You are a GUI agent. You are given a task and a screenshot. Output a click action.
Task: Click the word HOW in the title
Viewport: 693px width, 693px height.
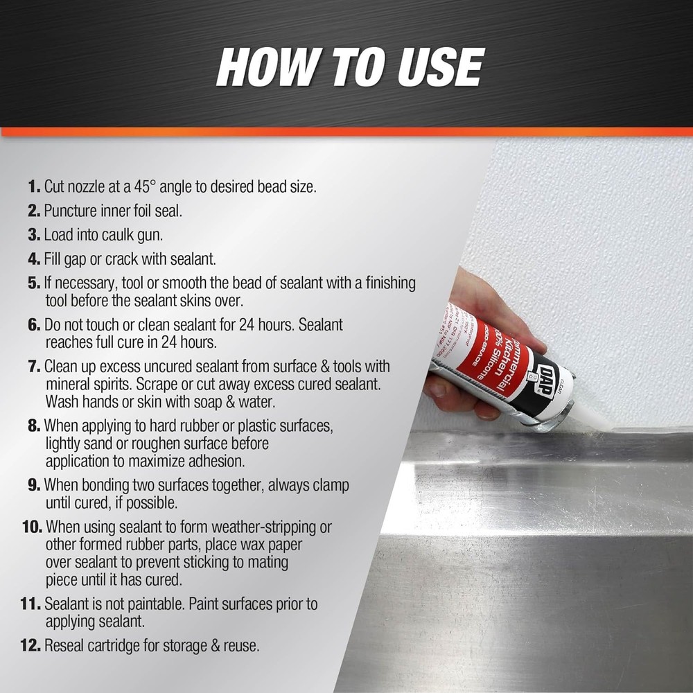pyautogui.click(x=258, y=67)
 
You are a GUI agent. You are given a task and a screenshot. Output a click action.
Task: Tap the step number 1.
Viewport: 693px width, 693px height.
pyautogui.click(x=34, y=187)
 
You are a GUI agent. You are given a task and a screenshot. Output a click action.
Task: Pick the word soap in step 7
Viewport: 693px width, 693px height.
pyautogui.click(x=209, y=401)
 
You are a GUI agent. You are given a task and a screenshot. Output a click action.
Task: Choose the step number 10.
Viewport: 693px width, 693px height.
pyautogui.click(x=32, y=527)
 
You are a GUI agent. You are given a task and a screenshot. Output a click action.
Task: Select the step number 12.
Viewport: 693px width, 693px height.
pyautogui.click(x=32, y=646)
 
